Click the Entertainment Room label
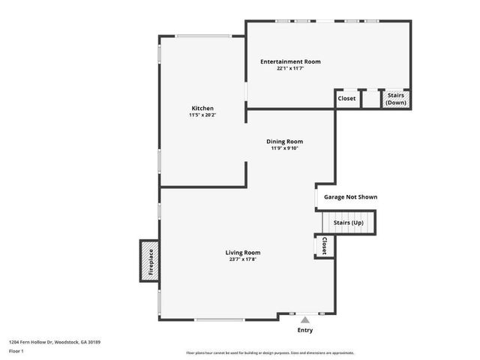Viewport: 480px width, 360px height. [x=290, y=61]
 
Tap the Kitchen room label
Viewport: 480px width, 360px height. [x=202, y=108]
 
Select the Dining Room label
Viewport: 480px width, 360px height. [x=284, y=141]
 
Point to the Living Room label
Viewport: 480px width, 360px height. [x=243, y=253]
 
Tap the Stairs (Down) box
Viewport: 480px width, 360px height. [x=396, y=98]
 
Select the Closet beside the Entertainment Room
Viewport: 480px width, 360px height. [x=346, y=98]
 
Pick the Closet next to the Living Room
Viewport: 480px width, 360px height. [x=324, y=246]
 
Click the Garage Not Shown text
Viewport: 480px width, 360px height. [x=350, y=197]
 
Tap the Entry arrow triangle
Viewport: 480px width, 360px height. [x=304, y=319]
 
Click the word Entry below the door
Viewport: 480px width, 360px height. [x=304, y=330]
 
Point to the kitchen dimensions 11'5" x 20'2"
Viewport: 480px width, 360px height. [x=202, y=115]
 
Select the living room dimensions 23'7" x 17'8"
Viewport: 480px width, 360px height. [x=243, y=260]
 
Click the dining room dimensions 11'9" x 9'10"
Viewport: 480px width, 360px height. [x=284, y=148]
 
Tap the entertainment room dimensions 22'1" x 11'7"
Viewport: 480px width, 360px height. [x=290, y=68]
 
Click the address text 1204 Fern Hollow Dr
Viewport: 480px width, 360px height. [x=55, y=342]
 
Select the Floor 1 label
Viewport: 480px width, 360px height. [x=16, y=351]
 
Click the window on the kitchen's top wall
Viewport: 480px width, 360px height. [x=203, y=35]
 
